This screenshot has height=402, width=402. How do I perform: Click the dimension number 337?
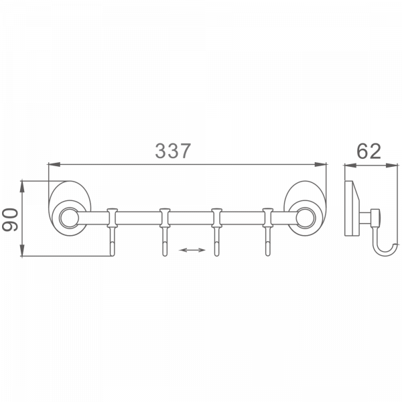[173, 151]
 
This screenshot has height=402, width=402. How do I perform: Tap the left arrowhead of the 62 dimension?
[346, 164]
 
